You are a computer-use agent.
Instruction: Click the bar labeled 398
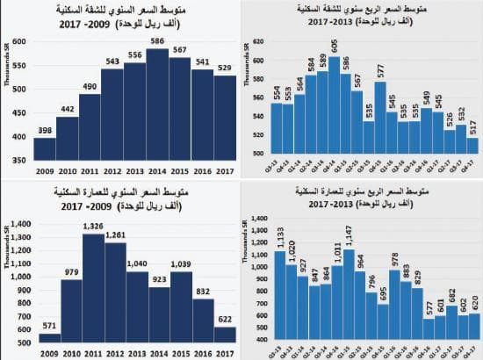point(45,150)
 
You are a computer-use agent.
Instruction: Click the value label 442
point(68,109)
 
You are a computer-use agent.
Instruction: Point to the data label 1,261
point(115,235)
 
